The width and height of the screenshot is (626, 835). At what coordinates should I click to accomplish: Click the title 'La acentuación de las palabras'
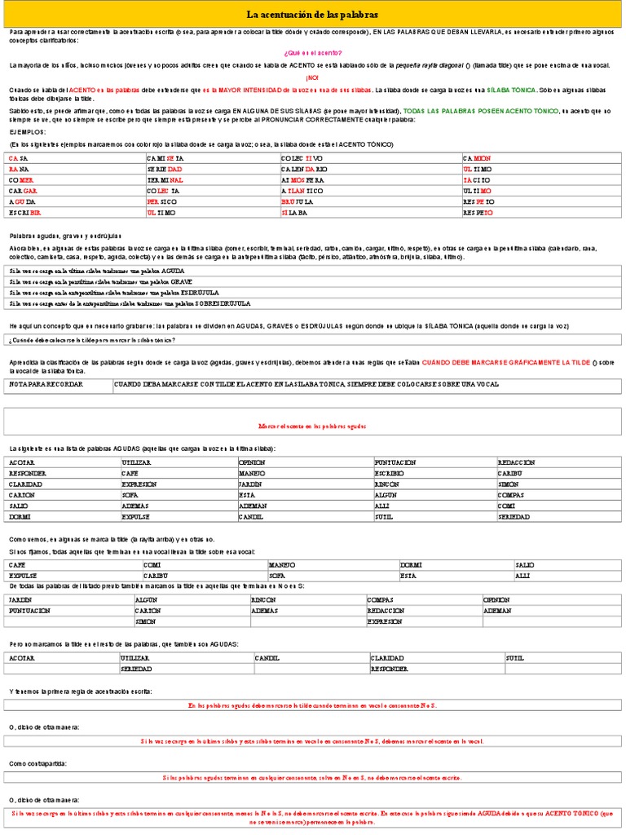pos(312,15)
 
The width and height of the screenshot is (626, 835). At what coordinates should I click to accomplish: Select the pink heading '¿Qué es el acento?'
pos(312,52)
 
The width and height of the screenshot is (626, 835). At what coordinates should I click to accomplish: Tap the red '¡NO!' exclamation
pos(312,77)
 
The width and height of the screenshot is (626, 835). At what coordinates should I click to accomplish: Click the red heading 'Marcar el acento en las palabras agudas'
pos(312,426)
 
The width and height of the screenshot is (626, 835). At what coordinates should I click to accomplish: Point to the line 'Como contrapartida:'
pos(37,763)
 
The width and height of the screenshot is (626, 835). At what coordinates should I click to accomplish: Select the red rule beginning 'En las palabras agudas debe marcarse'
pos(312,705)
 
